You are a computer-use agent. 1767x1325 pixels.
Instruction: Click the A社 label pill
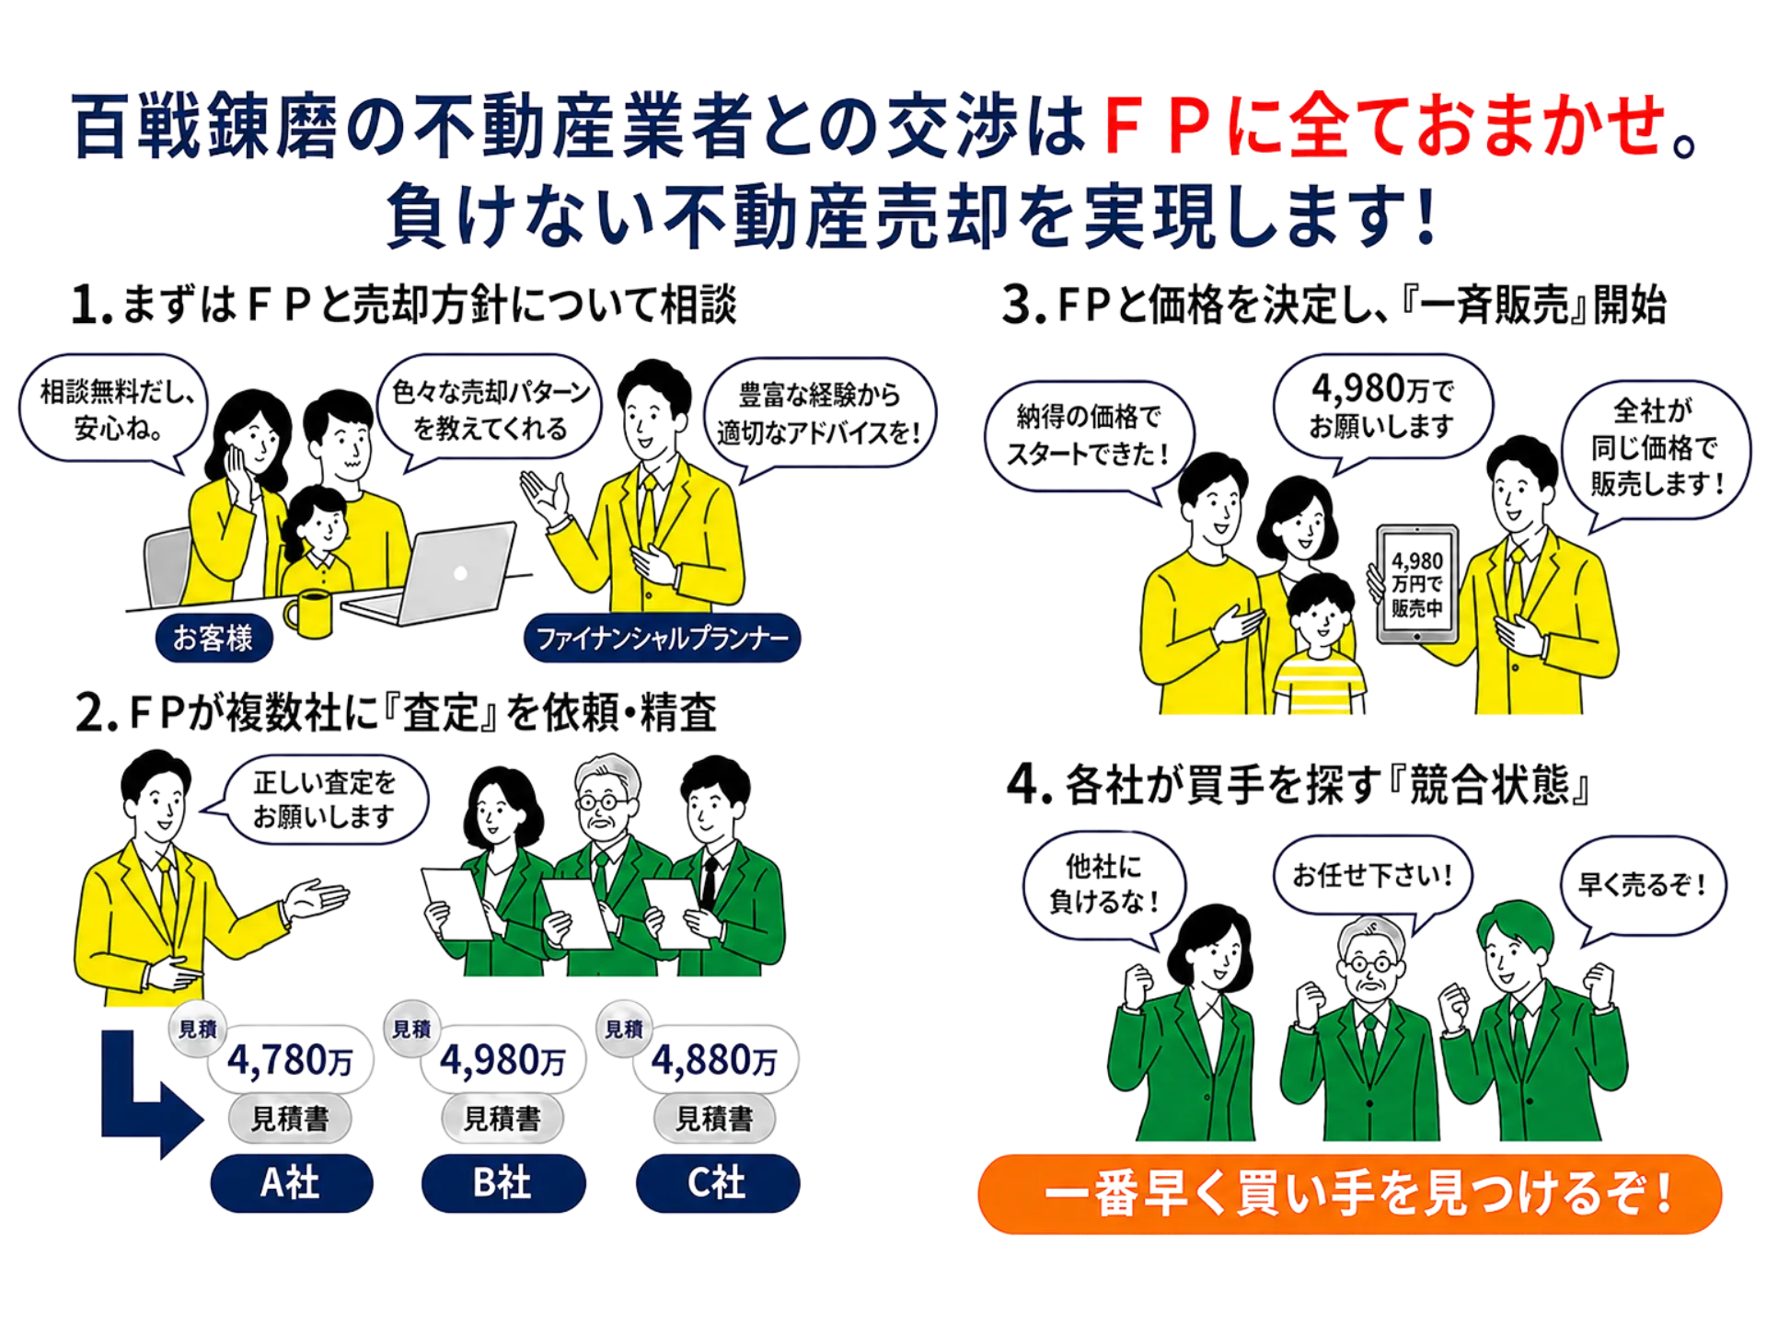click(291, 1182)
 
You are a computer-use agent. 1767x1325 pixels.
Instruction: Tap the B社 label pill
click(503, 1182)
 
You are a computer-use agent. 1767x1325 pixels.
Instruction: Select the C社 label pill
click(718, 1182)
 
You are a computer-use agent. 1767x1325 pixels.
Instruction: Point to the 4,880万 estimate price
click(715, 1060)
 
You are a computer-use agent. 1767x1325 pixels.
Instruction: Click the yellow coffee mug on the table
click(309, 613)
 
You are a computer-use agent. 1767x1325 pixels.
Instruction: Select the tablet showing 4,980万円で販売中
click(1417, 583)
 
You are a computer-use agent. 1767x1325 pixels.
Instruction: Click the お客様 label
click(214, 638)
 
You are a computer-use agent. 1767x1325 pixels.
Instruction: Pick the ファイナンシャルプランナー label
click(662, 638)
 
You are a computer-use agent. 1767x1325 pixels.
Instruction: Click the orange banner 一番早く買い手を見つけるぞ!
click(1350, 1193)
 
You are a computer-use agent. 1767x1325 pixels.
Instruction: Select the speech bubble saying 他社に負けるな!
click(1104, 885)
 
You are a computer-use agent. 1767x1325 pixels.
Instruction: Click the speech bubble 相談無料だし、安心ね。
click(115, 410)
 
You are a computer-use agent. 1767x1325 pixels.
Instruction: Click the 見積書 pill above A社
click(291, 1118)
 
